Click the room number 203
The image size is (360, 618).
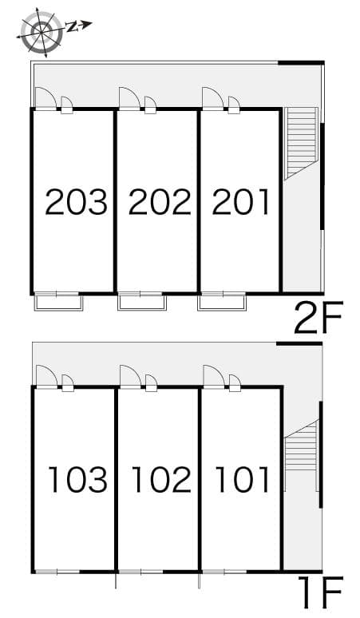(x=76, y=203)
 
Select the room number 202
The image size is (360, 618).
(x=160, y=203)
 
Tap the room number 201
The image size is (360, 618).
(x=241, y=203)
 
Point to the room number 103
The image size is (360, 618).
(x=77, y=480)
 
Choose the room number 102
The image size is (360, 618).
(x=160, y=480)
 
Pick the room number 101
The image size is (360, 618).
(x=243, y=480)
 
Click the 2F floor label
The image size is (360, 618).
(x=318, y=320)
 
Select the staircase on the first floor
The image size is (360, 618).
(x=300, y=454)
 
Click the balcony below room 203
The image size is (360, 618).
(x=58, y=302)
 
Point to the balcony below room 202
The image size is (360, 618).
(x=142, y=302)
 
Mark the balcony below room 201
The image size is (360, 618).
(x=223, y=302)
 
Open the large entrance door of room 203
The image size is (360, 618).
(x=45, y=98)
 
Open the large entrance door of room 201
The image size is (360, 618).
(x=212, y=98)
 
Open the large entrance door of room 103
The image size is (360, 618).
(x=45, y=375)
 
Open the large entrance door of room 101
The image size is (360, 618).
(x=213, y=375)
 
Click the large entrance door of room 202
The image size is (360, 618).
(x=129, y=98)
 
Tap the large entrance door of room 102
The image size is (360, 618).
(x=130, y=375)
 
